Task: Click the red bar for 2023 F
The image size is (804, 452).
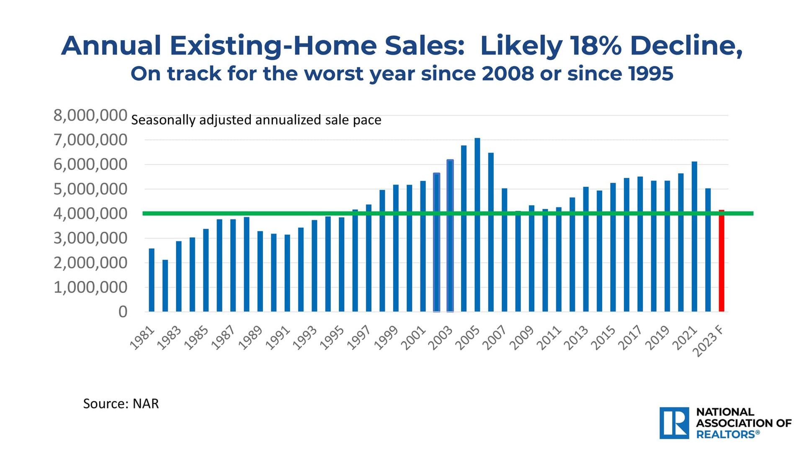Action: click(722, 262)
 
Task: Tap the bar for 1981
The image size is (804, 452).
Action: click(152, 280)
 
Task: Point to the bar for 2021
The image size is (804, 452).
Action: click(694, 236)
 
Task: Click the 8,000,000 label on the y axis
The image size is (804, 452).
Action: click(90, 116)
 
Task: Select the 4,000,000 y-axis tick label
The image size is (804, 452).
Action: click(90, 214)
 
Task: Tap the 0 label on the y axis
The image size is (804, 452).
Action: click(123, 312)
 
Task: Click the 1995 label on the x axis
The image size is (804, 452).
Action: click(332, 338)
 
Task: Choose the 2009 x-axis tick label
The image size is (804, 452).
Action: click(521, 338)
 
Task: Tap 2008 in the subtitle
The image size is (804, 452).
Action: click(508, 74)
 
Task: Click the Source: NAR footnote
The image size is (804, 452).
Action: click(121, 404)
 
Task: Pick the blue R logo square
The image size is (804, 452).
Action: click(674, 423)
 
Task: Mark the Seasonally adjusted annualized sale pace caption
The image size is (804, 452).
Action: click(256, 121)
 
